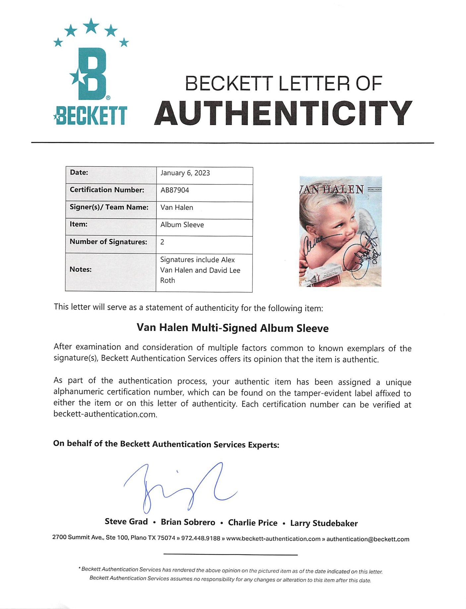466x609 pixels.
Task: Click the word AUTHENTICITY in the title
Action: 283,113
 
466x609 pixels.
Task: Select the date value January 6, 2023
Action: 185,173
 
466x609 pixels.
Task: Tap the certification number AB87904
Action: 175,190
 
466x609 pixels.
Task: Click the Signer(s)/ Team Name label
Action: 109,207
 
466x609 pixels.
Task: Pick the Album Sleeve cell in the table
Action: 182,225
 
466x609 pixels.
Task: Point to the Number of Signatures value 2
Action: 162,242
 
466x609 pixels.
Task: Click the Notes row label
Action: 81,269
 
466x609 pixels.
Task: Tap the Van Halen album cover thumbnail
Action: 340,231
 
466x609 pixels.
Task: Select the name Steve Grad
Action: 126,521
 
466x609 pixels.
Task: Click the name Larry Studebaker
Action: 324,523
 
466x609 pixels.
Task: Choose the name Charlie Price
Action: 253,523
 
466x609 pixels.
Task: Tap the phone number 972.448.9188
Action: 201,538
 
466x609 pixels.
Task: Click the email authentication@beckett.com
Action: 368,539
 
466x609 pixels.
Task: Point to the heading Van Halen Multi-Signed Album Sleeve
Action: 233,328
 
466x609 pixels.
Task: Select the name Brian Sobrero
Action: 188,522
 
